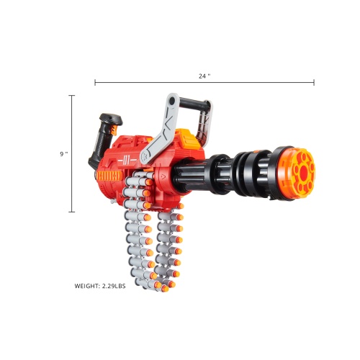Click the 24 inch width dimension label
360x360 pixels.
pyautogui.click(x=204, y=76)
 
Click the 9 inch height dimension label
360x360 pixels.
pyautogui.click(x=64, y=154)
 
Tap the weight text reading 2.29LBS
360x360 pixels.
pyautogui.click(x=114, y=286)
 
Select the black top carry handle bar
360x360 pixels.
pyautogui.click(x=194, y=104)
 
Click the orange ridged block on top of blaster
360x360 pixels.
pyautogui.click(x=189, y=139)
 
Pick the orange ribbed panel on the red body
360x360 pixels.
pyautogui.click(x=109, y=176)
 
